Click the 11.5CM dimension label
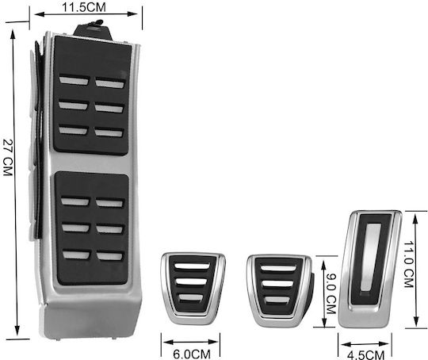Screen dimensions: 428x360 84,7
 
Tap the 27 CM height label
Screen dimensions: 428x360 8,157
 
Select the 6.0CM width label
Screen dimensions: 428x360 192,354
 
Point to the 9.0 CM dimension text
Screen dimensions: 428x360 331,293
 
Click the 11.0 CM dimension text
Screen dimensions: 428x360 409,264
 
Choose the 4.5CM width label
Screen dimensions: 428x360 365,355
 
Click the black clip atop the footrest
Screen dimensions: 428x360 93,31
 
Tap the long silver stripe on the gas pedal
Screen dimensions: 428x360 371,257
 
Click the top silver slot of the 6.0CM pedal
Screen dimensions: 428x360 192,266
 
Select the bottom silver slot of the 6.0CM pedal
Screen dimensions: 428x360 191,297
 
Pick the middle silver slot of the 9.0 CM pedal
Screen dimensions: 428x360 278,284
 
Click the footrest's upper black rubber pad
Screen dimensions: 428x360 92,96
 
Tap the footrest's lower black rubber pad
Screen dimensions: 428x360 92,228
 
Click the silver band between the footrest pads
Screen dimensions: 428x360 91,163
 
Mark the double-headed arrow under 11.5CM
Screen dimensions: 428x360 86,14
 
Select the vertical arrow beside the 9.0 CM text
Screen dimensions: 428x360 323,293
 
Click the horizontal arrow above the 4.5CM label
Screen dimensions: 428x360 365,344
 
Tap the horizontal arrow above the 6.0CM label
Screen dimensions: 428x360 190,342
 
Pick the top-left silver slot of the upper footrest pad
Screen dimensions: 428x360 75,80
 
